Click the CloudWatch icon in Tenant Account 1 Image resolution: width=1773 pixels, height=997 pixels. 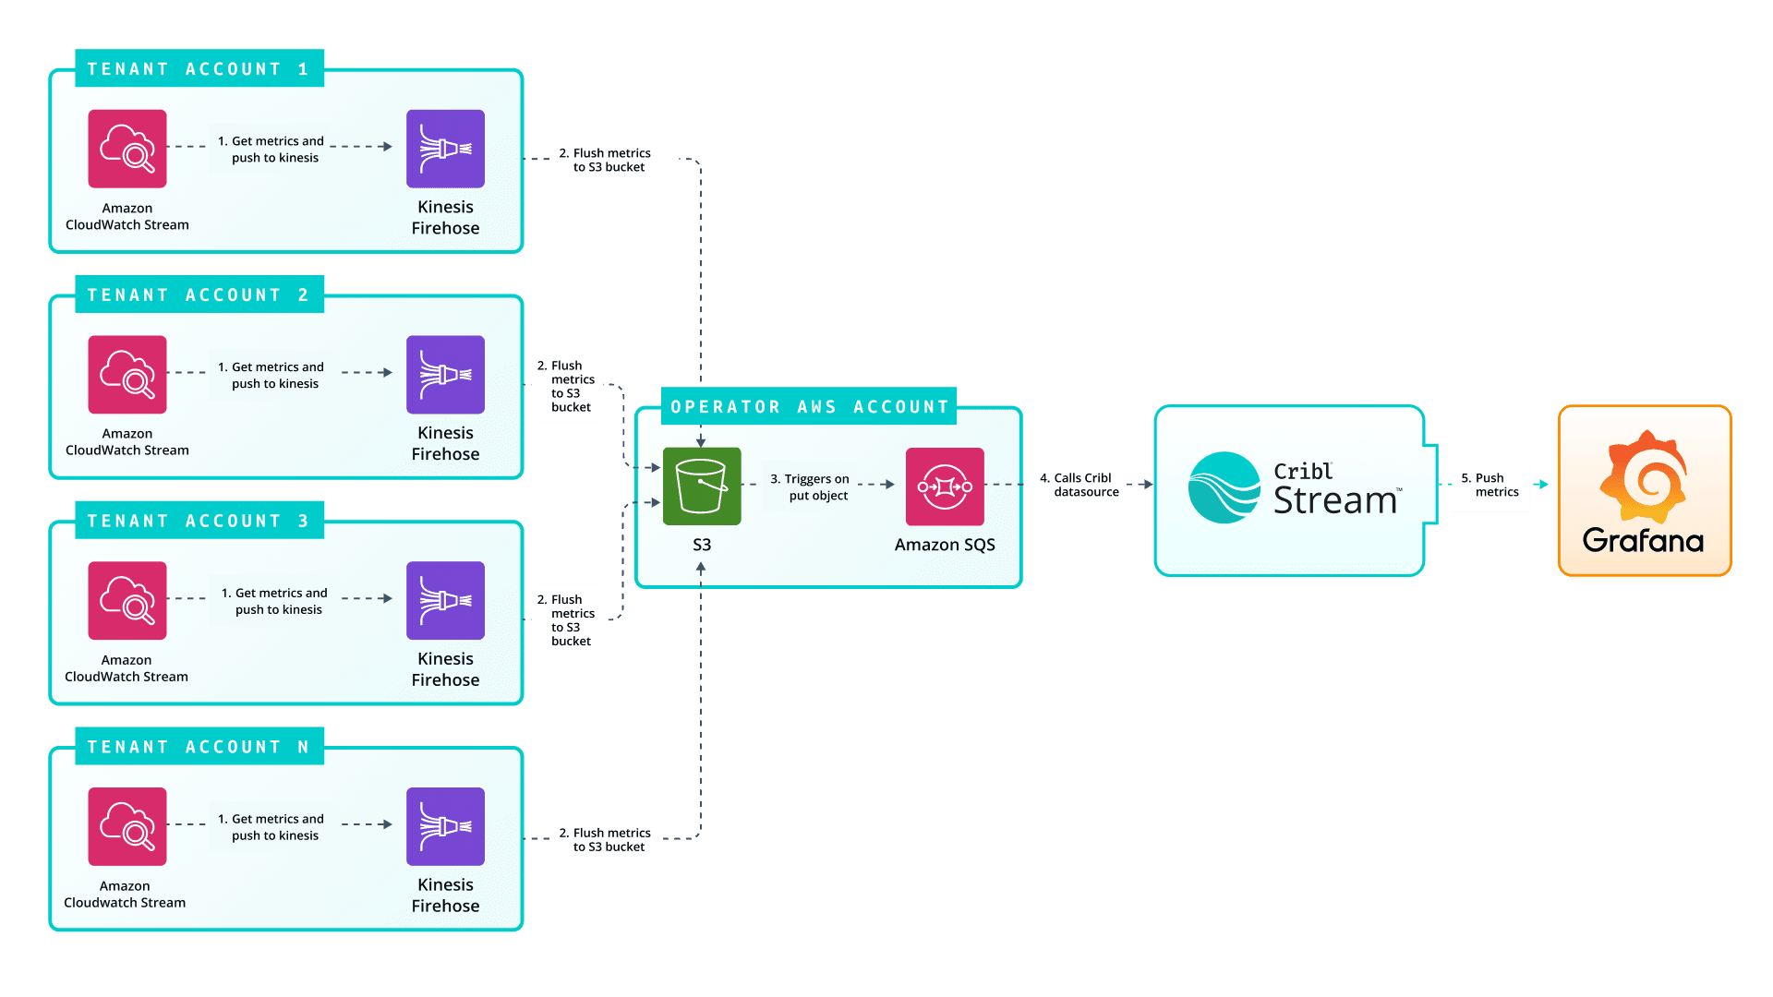coord(127,149)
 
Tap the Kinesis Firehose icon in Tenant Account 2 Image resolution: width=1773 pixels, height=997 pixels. coord(445,375)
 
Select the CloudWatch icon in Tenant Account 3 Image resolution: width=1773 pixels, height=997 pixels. coord(127,600)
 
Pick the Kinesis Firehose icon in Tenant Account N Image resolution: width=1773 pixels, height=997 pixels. coord(445,826)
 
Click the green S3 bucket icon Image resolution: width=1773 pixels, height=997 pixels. coord(702,486)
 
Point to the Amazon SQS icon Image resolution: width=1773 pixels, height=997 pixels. coord(945,486)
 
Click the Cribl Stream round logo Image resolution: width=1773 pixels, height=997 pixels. coord(1224,487)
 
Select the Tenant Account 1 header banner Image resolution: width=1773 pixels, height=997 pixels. coord(199,69)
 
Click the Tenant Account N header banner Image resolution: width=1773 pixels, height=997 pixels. coord(199,747)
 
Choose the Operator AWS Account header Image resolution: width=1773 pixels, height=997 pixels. coord(809,407)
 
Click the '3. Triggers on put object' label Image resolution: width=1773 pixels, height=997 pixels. coord(810,487)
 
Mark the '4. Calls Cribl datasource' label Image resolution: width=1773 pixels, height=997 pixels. coord(1079,485)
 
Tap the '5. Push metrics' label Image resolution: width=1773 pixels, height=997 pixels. coord(1490,486)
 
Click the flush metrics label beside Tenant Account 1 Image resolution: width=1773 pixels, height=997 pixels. coord(614,160)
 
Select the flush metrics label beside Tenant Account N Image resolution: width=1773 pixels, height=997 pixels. coord(606,839)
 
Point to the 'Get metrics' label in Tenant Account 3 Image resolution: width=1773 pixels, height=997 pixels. coord(280,601)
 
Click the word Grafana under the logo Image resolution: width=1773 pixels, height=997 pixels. coord(1643,541)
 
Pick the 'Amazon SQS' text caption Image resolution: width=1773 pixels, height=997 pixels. coord(945,545)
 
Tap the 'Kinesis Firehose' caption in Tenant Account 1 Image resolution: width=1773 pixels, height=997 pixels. coord(445,218)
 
